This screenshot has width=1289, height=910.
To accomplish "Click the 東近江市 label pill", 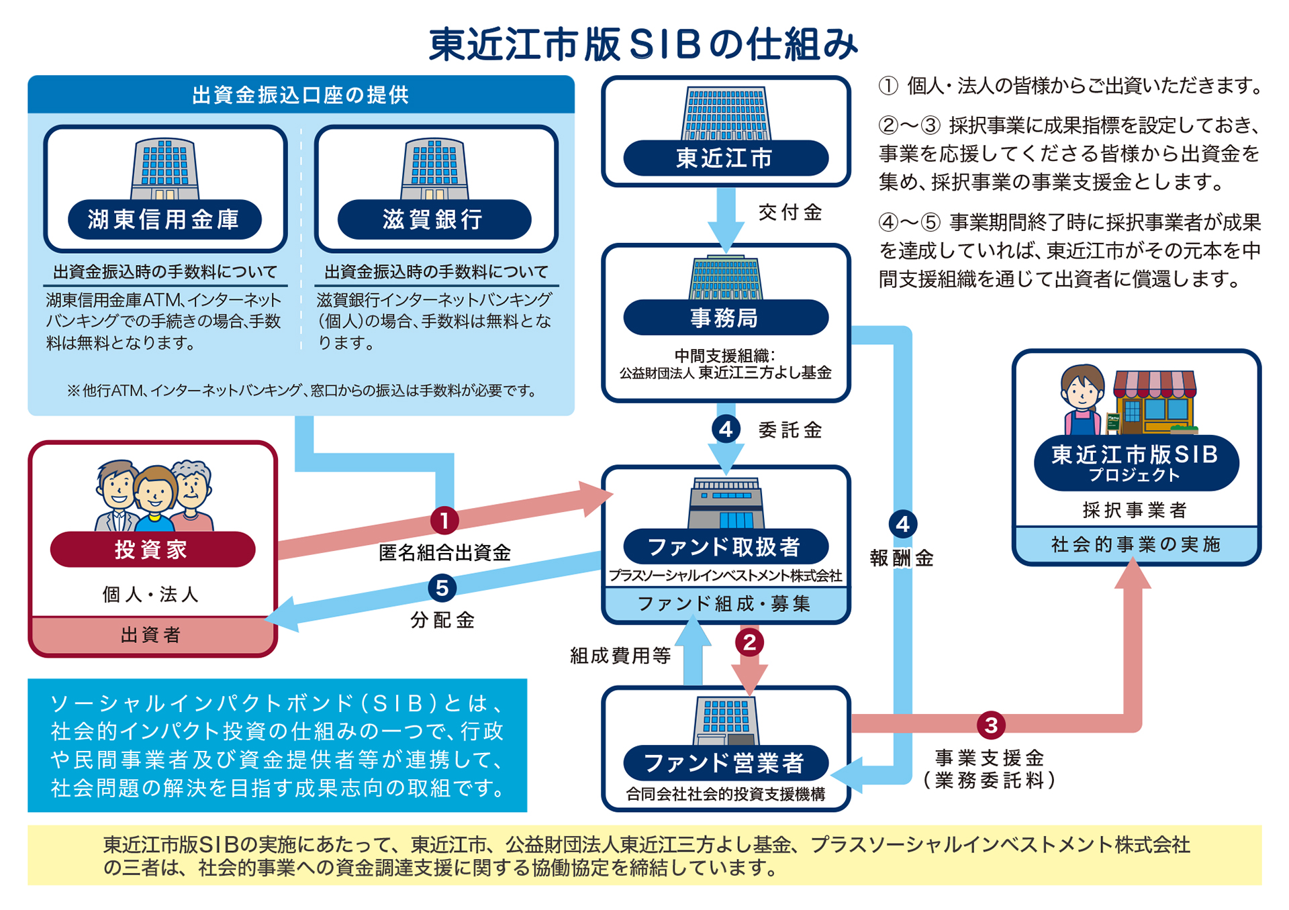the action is tap(726, 158).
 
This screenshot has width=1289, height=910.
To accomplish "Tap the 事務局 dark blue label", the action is tap(726, 317).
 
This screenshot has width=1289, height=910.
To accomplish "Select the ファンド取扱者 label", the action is tap(726, 547).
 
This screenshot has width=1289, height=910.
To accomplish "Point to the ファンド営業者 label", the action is tap(726, 763).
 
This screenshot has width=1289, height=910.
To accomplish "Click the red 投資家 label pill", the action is tap(152, 550).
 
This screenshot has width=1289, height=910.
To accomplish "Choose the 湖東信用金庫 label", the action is tap(164, 219).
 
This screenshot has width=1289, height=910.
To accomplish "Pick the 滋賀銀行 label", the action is tap(434, 219).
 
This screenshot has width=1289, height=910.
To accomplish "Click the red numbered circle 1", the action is tap(444, 520).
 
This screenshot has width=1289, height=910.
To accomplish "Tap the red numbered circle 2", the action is tap(750, 642).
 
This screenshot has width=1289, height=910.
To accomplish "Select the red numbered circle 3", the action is tap(991, 725).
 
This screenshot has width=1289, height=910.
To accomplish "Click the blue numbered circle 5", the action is tap(442, 588).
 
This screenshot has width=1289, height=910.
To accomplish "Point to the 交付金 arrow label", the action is tap(791, 213).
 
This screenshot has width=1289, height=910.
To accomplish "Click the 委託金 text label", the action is tap(791, 430).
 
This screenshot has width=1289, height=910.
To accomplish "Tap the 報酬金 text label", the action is tap(902, 558).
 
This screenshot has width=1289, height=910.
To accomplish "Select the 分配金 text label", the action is tap(442, 619).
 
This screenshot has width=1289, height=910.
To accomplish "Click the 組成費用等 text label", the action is tap(620, 656).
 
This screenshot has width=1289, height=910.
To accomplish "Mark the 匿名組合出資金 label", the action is tap(444, 552).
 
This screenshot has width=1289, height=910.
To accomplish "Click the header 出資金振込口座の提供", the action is tap(301, 95).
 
